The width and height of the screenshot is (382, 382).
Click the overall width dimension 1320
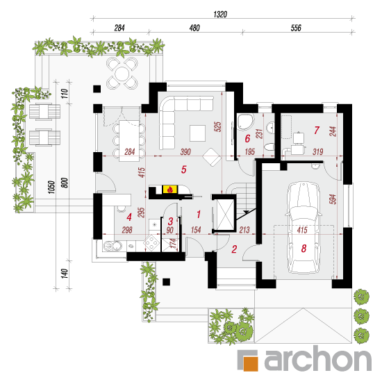220,15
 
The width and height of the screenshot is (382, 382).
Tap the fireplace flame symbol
170,189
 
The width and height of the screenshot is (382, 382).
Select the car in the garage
304,228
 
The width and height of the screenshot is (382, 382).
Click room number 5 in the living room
184,169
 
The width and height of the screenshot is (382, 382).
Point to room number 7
317,130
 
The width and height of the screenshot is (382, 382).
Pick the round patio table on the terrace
122,74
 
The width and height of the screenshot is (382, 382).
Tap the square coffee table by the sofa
197,133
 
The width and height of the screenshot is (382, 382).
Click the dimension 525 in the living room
218,126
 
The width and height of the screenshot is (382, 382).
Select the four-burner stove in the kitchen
151,242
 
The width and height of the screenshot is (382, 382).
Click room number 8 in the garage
304,248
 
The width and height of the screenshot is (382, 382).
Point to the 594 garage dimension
333,199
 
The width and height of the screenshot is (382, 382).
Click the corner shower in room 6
245,122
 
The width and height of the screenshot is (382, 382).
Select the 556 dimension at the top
296,28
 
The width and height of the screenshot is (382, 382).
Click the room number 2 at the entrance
234,249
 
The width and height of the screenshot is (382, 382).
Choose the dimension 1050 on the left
51,187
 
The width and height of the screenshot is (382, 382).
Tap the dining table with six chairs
129,141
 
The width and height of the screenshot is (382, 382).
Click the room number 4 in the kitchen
129,217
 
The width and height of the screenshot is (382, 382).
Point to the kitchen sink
113,246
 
